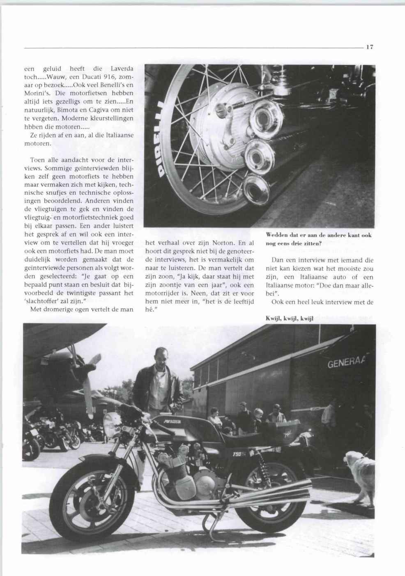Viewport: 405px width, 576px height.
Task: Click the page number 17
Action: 369,47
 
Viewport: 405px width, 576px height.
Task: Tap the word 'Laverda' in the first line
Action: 122,68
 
